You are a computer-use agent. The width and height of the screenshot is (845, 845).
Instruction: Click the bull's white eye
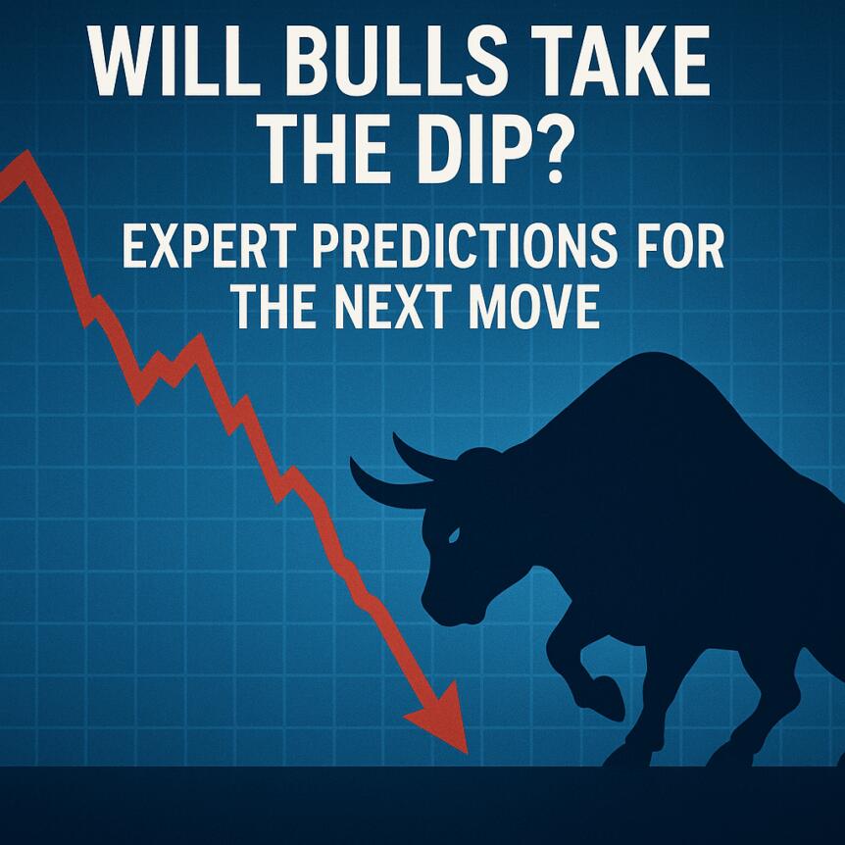pos(453,535)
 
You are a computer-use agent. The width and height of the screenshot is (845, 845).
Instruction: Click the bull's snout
pos(436,608)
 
